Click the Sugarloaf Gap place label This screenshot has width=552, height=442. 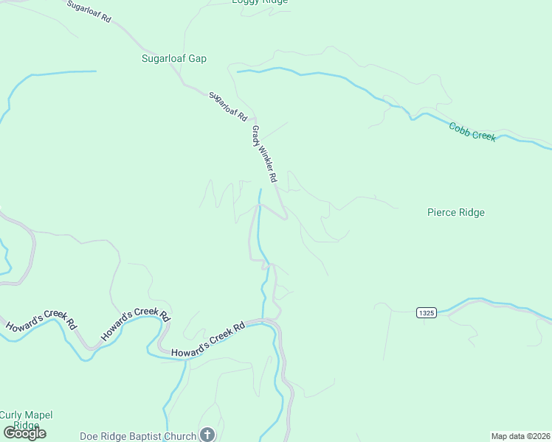click(174, 58)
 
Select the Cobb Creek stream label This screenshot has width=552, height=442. click(472, 132)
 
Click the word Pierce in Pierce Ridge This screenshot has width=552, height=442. click(442, 213)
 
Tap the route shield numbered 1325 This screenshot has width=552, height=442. click(426, 312)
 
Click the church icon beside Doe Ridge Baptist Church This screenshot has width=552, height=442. click(207, 435)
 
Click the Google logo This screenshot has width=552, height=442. click(25, 433)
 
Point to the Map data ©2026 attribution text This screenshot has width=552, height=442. click(520, 436)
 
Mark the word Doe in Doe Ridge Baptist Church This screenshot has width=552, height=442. click(89, 436)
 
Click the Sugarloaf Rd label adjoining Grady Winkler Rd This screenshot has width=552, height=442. click(227, 106)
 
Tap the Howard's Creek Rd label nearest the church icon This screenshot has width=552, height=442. click(208, 339)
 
